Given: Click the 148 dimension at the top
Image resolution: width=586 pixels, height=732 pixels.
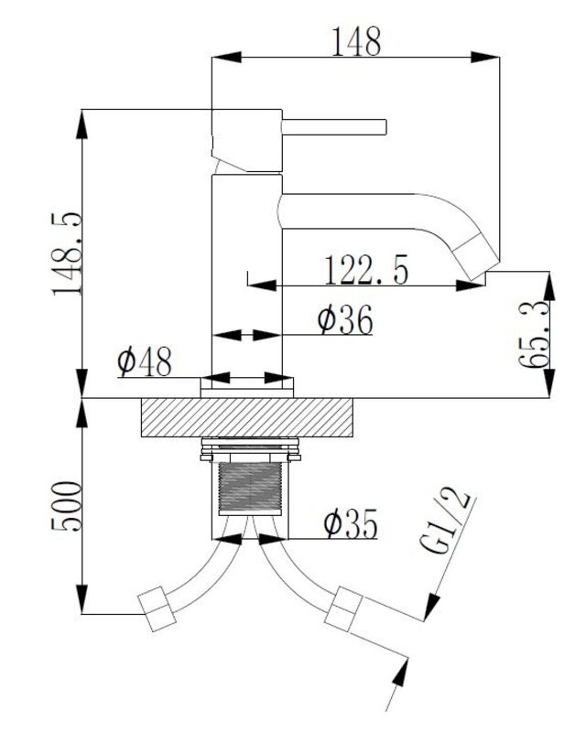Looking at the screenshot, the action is coord(356,41).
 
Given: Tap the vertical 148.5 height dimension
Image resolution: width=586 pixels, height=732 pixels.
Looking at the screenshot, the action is coord(67,253).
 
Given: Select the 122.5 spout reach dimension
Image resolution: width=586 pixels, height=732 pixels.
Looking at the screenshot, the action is coord(366,270).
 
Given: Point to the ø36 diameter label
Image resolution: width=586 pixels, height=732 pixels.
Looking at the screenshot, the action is coord(345,319).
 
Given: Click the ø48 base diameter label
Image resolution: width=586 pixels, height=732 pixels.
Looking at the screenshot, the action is coord(145,361).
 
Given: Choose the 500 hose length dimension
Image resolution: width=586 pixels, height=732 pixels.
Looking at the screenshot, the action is coord(66,507).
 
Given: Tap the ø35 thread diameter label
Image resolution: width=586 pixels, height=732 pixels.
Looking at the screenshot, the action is coord(350,523).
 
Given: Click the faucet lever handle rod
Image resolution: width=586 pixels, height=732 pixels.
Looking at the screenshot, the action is coord(334,127).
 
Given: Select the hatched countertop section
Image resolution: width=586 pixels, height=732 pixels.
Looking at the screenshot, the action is coord(246,417).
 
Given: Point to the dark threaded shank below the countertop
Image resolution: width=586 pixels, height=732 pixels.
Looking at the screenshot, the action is coord(251,488).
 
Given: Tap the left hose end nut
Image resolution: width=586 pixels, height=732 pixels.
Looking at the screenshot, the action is coord(157,608).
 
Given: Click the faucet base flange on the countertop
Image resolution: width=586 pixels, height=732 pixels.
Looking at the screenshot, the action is coord(246,388).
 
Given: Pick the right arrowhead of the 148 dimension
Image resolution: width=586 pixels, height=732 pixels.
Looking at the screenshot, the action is coord(485,58).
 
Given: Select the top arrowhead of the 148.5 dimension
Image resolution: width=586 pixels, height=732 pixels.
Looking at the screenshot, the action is coord(82,124).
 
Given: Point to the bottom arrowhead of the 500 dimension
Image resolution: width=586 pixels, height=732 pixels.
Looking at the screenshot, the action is coord(82,599).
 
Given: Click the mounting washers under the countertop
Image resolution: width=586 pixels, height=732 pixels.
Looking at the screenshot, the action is coord(250,449).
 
